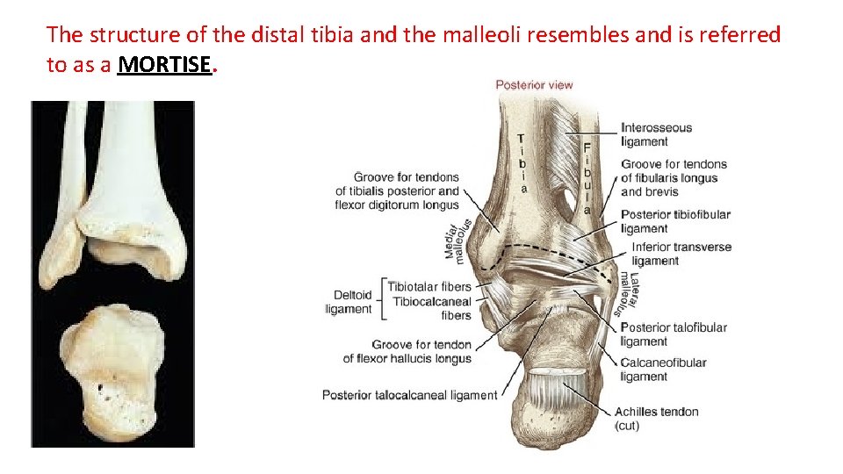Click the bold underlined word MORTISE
pos(165,65)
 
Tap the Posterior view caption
pos(534,85)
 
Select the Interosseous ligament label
pos(657,134)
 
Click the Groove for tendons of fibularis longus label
pos(674,177)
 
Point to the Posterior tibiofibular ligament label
pos(675,221)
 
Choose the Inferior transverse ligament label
pos(681,254)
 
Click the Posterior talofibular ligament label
pos(674,334)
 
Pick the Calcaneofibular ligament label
pos(663,370)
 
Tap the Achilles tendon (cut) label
pos(656,418)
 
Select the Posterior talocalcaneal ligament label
pos(409,395)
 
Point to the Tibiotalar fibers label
pos(429,286)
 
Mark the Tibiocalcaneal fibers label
pos(432,308)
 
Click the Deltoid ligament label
pos(349,302)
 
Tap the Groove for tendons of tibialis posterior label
pos(397,190)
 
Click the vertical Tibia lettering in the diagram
pos(522,163)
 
